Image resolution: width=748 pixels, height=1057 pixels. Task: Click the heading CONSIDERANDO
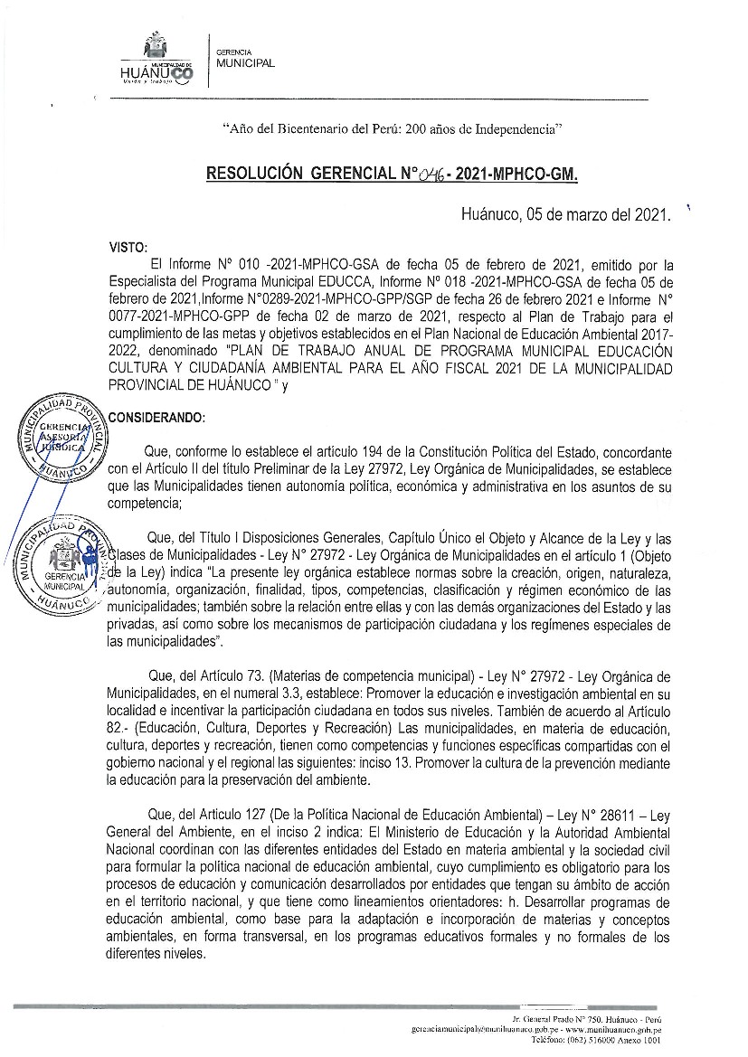156,417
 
